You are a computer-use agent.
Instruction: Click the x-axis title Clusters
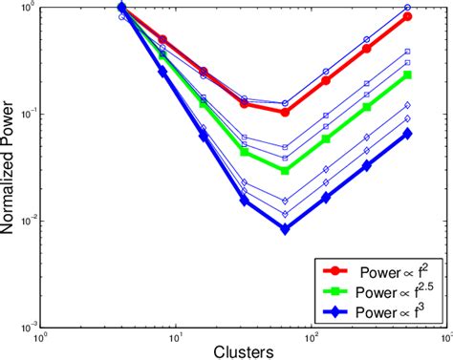(x=243, y=350)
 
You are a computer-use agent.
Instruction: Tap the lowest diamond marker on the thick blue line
(x=285, y=228)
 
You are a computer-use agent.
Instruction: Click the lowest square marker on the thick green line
(x=285, y=170)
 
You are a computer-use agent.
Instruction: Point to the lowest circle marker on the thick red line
(x=285, y=112)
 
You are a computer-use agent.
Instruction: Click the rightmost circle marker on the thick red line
(x=408, y=16)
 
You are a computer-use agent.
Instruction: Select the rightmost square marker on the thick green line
(x=408, y=74)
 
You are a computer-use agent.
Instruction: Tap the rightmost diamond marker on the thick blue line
(x=408, y=134)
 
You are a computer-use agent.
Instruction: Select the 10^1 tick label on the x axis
(x=176, y=337)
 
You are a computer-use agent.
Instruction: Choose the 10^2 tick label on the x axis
(x=311, y=337)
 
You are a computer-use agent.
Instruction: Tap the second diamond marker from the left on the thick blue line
(x=162, y=71)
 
